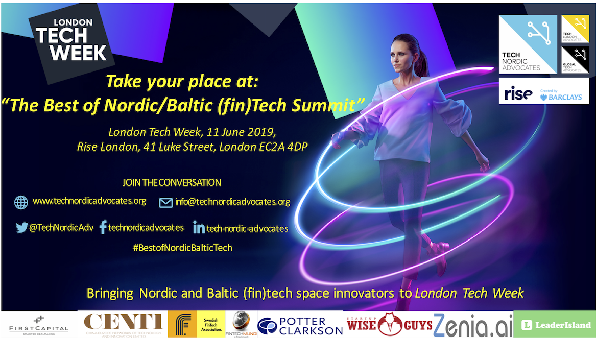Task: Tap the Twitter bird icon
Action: [x=21, y=228]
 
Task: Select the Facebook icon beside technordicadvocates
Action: [x=103, y=227]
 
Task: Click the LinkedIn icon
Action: [x=199, y=228]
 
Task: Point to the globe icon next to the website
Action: [x=21, y=202]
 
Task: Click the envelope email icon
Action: [x=166, y=203]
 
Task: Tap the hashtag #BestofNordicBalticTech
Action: [x=182, y=248]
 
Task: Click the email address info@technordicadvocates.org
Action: [x=232, y=202]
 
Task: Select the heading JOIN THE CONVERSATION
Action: [x=172, y=182]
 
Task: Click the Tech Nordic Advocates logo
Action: [x=528, y=44]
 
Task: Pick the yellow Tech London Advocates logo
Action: [x=575, y=29]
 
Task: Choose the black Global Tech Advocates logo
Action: [x=575, y=60]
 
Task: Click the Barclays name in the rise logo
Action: [x=564, y=97]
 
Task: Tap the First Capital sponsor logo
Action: [x=39, y=325]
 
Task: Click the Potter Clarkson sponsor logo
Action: [x=300, y=325]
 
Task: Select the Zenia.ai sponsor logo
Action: [x=472, y=325]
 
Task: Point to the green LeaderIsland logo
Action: [x=554, y=325]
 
